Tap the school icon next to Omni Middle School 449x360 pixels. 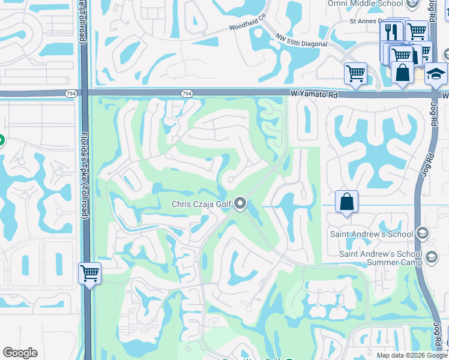coord(412,4)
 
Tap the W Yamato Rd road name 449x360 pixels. coord(313,94)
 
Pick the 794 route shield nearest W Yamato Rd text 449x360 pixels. coord(187,94)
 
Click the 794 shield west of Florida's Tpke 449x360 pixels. coord(71,94)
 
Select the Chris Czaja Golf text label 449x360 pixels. coord(201,205)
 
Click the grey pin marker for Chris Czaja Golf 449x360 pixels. coord(240,205)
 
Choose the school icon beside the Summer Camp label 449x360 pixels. coord(430,258)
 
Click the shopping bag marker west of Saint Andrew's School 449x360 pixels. coord(347,202)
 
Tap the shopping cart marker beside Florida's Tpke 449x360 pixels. coord(90,273)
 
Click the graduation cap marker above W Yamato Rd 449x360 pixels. coord(436,74)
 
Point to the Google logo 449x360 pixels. coord(20,353)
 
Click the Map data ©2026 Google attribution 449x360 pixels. coord(412,355)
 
